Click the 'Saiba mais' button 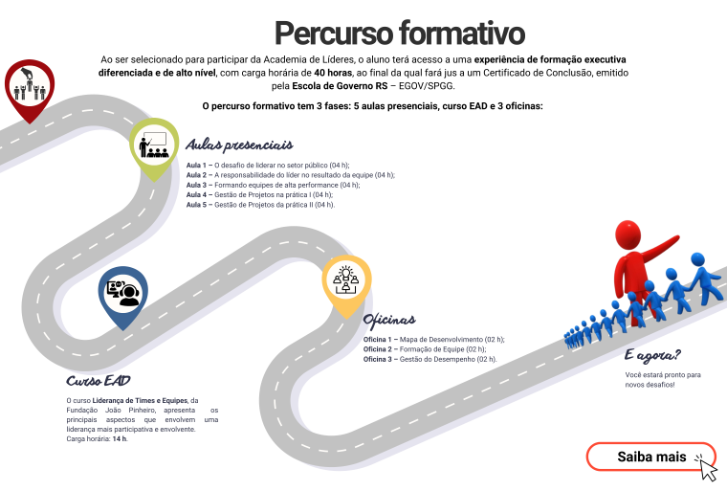pyautogui.click(x=651, y=457)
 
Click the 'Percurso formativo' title pyautogui.click(x=400, y=33)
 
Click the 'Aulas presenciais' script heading pyautogui.click(x=239, y=145)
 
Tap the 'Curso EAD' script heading pyautogui.click(x=99, y=381)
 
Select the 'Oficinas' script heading pyautogui.click(x=389, y=320)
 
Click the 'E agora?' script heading pyautogui.click(x=652, y=355)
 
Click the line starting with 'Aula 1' pyautogui.click(x=268, y=166)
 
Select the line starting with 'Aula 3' pyautogui.click(x=273, y=185)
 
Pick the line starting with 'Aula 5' pyautogui.click(x=260, y=205)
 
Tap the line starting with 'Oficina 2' pyautogui.click(x=425, y=349)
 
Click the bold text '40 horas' pyautogui.click(x=333, y=73)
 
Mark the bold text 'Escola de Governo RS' pyautogui.click(x=340, y=86)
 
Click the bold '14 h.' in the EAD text pyautogui.click(x=120, y=438)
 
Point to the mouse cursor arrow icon pyautogui.click(x=707, y=468)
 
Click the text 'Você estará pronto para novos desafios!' pyautogui.click(x=663, y=380)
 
